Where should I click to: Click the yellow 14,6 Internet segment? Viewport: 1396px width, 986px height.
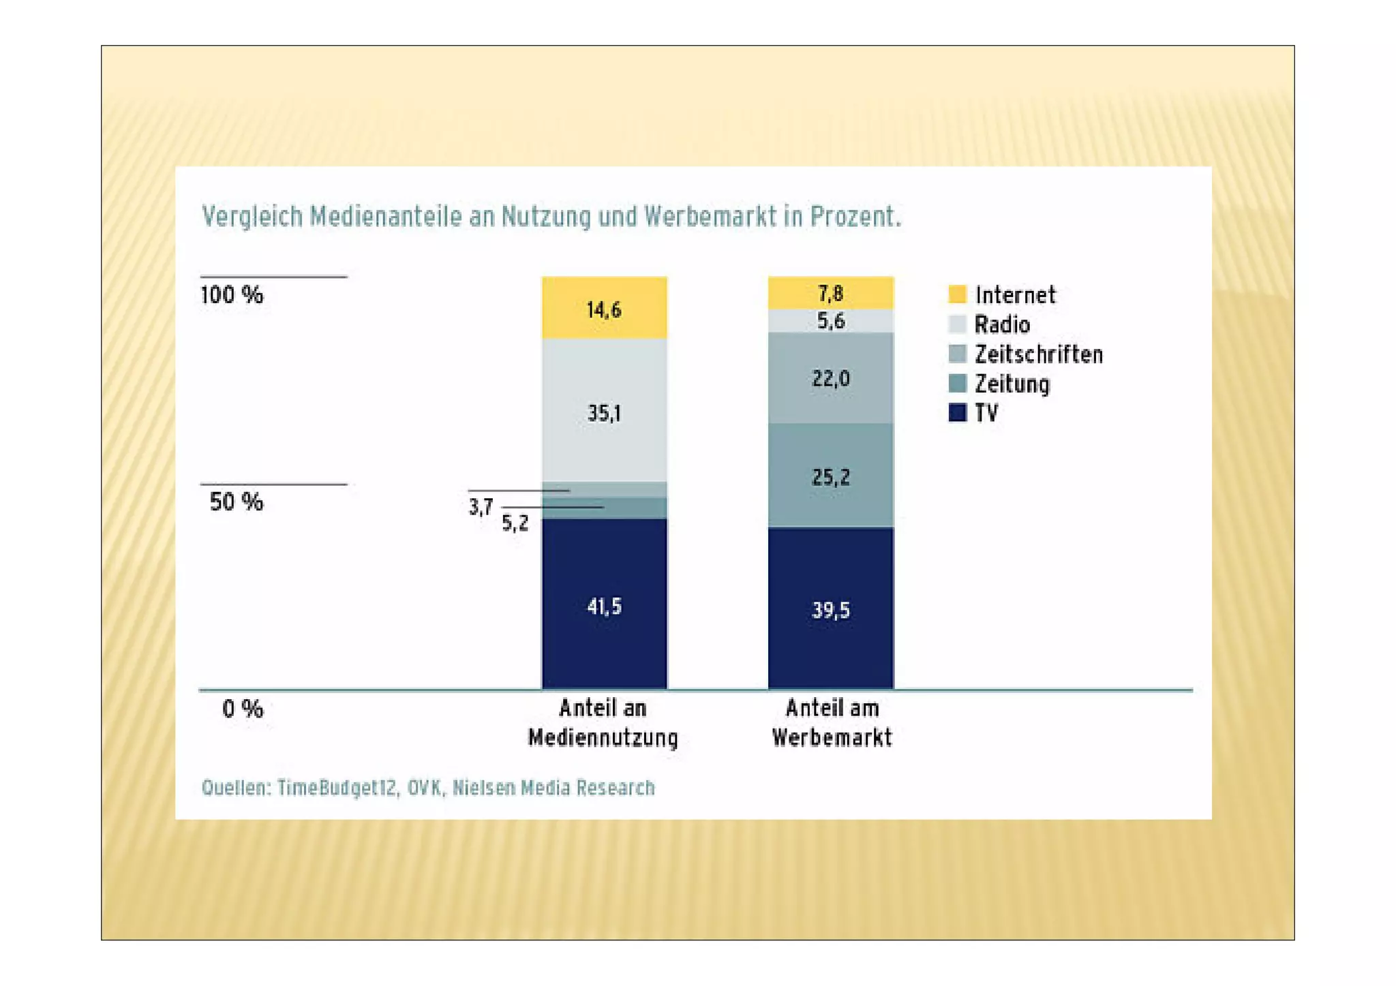click(604, 308)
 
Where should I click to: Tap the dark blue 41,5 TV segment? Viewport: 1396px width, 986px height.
click(604, 604)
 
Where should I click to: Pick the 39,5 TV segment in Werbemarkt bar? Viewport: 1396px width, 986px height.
click(830, 608)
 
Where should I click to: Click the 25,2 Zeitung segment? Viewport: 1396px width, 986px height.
click(830, 476)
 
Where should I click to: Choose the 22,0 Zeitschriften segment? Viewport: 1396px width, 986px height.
click(830, 378)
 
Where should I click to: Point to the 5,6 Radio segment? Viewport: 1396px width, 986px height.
click(830, 321)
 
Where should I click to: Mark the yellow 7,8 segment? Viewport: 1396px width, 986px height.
click(830, 293)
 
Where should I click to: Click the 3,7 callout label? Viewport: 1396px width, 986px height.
click(481, 507)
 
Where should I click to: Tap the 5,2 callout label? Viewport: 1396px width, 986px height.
click(515, 523)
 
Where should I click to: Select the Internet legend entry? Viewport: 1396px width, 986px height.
click(1014, 295)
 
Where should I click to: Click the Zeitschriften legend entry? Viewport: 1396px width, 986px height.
click(1037, 354)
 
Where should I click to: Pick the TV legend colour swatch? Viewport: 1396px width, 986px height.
click(957, 413)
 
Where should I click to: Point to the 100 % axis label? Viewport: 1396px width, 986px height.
click(232, 295)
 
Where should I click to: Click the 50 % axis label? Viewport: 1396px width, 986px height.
click(236, 502)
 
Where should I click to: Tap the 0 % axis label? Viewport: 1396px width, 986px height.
click(243, 709)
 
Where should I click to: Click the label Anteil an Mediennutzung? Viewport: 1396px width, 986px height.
click(603, 723)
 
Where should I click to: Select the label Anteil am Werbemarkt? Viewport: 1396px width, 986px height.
click(832, 723)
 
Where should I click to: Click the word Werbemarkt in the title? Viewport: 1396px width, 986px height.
click(710, 217)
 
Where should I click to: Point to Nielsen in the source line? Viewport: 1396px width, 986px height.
click(483, 788)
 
